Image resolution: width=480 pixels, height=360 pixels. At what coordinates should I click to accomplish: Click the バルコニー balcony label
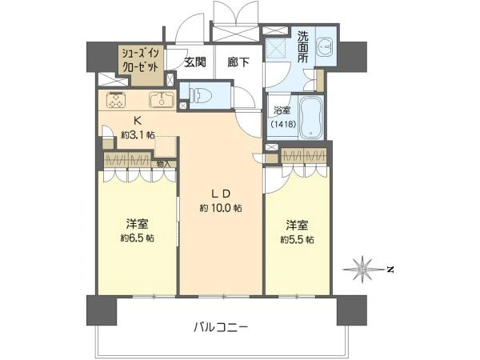(221, 326)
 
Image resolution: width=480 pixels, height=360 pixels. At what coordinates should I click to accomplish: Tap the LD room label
(221, 194)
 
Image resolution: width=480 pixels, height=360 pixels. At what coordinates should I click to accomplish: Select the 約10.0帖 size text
(221, 208)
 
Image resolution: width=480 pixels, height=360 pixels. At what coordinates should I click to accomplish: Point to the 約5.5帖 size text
(297, 238)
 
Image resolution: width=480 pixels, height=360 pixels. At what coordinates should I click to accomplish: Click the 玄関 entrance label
(195, 61)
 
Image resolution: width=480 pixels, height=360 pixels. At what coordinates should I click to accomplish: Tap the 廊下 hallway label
(237, 61)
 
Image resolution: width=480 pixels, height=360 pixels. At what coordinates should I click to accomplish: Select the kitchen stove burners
(116, 101)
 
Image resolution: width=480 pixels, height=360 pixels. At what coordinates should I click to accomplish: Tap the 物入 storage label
(163, 164)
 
